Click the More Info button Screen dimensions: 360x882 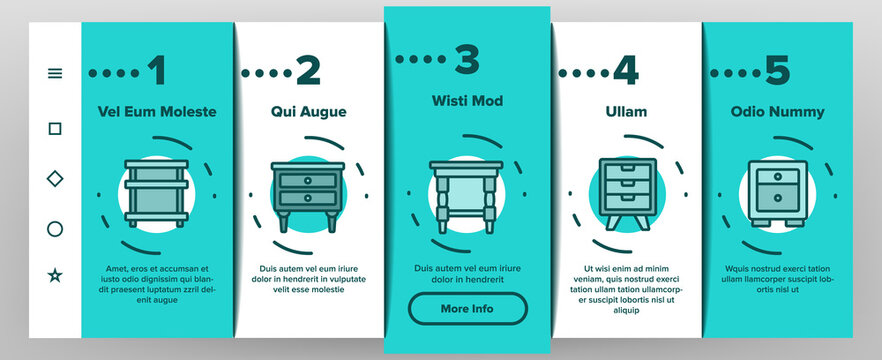467,309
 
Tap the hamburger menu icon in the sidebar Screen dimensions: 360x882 55,73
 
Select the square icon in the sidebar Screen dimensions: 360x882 55,128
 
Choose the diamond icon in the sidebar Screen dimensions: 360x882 55,178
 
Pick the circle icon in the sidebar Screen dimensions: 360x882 55,229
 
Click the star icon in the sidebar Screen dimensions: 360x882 55,275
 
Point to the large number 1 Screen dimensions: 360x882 156,71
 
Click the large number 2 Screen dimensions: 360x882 308,71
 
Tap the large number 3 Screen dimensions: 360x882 466,59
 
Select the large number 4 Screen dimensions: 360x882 625,71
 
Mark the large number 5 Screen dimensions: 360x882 777,71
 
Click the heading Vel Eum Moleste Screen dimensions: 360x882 157,112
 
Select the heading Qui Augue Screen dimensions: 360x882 308,112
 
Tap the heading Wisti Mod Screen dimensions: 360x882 467,101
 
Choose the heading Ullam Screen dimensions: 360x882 626,112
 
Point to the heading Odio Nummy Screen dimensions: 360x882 777,112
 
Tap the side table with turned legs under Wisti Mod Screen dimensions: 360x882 467,196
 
